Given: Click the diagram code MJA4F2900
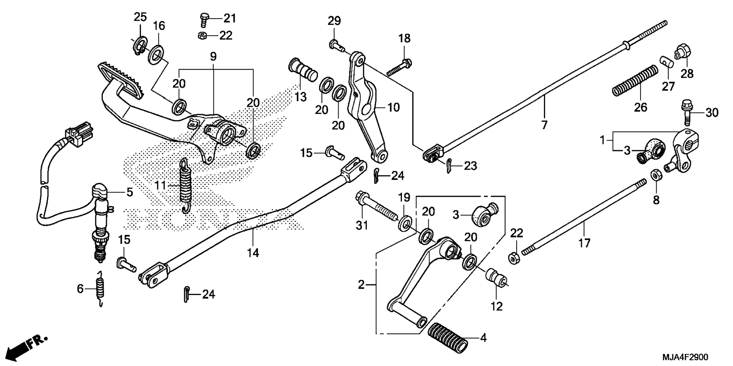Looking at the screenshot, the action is pyautogui.click(x=685, y=357).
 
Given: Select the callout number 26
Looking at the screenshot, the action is pyautogui.click(x=641, y=108).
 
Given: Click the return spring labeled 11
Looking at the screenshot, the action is pyautogui.click(x=186, y=186).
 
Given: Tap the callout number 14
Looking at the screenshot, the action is pyautogui.click(x=253, y=253).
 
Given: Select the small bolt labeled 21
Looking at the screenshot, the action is pyautogui.click(x=204, y=19).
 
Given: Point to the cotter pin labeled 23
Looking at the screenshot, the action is pyautogui.click(x=449, y=166).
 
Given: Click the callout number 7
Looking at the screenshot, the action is pyautogui.click(x=544, y=125).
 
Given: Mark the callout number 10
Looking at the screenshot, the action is pyautogui.click(x=394, y=108).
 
